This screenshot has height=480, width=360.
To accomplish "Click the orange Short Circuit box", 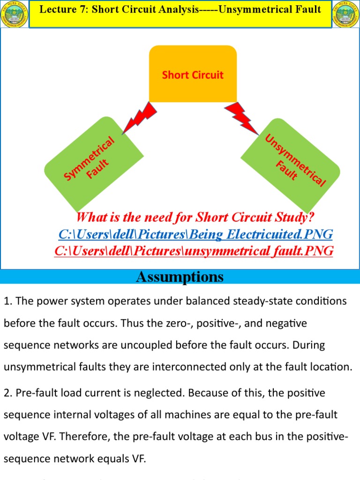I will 193,74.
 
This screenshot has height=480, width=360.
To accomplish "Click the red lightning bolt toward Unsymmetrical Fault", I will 243,117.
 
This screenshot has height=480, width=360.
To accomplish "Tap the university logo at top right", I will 345,14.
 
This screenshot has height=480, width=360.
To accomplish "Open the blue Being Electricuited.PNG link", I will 195,234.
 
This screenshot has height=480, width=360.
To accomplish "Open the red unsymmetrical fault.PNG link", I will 194,251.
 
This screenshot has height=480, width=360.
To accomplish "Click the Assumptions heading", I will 180,277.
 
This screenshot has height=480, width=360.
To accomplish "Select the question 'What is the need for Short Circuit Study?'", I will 195,217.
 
